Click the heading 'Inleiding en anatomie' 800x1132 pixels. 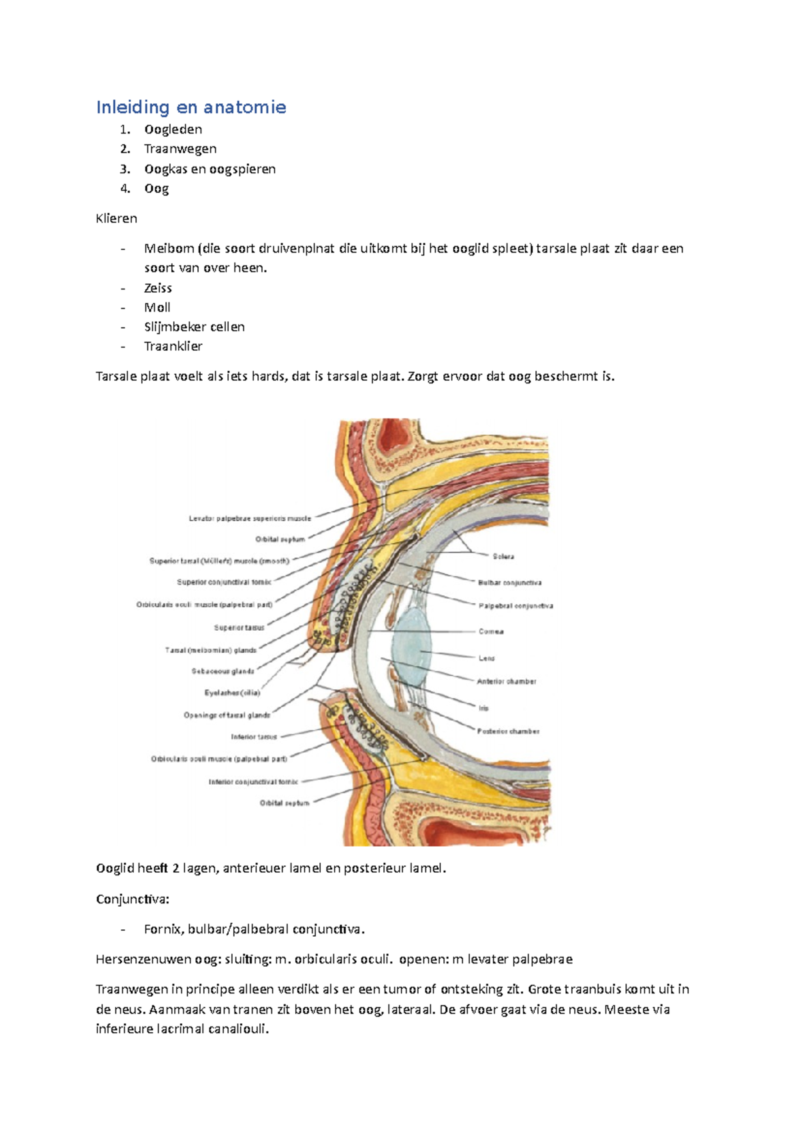tap(191, 107)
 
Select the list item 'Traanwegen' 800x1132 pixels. tap(180, 149)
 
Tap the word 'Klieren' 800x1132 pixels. tap(117, 218)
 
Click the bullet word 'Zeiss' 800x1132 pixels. tap(158, 288)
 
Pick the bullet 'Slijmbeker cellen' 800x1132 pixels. tap(194, 327)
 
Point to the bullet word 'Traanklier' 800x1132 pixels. tap(173, 346)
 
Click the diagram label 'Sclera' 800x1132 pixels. tap(503, 556)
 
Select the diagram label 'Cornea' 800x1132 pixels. tap(491, 631)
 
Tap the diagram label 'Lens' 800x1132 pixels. tap(487, 658)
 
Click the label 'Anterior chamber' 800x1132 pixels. tap(507, 681)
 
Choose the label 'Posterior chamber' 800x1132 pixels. tap(508, 731)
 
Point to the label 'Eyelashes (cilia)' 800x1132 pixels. tap(232, 693)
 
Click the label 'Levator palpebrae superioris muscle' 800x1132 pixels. tap(250, 518)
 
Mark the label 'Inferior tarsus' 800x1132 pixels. tap(253, 737)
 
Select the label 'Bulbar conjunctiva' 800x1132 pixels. tap(509, 583)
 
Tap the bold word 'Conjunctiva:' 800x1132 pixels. tap(133, 899)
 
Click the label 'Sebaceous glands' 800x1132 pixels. tap(223, 671)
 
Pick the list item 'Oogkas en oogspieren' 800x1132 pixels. tap(209, 169)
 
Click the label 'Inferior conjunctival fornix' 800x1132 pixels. tap(253, 781)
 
